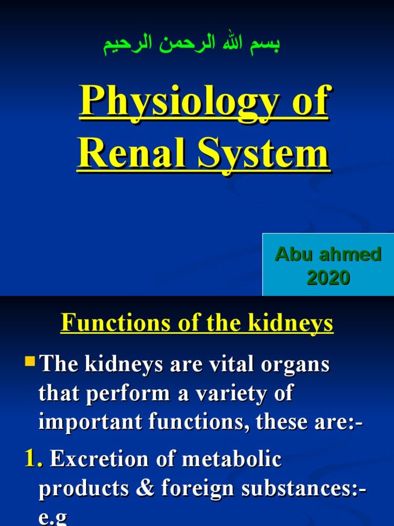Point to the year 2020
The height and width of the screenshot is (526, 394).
tap(328, 278)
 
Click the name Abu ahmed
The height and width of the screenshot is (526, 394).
tap(328, 254)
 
